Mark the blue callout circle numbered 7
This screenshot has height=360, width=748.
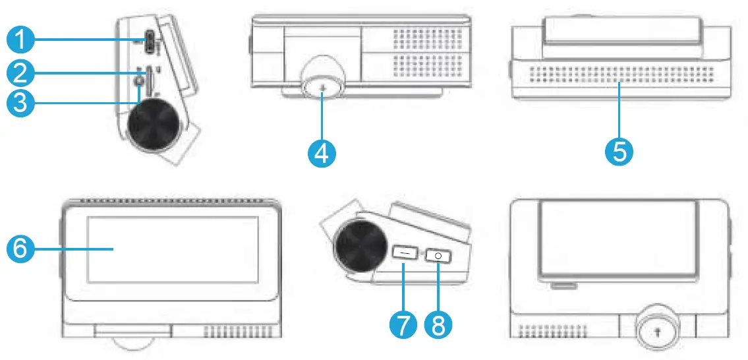[403, 324]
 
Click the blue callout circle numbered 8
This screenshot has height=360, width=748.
[438, 324]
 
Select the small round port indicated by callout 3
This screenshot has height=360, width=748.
[139, 81]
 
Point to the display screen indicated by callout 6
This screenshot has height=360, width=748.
[173, 249]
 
